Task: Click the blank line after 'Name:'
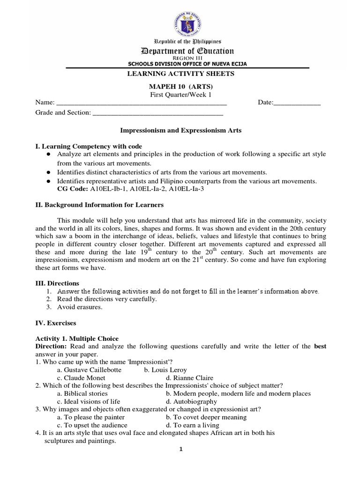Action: click(141, 103)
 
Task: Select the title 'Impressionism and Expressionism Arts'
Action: click(181, 130)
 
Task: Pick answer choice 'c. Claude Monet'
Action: click(81, 377)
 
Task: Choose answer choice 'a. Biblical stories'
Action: click(82, 393)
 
